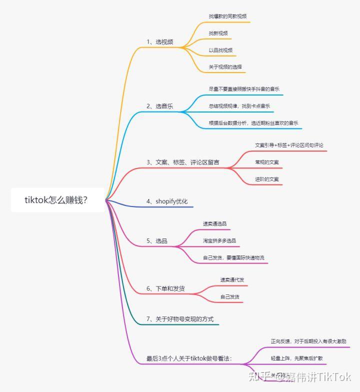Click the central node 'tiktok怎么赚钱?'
56,200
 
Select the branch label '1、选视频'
160,41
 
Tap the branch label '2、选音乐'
160,106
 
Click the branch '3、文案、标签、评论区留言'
182,162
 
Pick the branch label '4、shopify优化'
167,201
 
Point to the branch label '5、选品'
157,241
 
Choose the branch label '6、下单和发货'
165,288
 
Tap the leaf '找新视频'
218,33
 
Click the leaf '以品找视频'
220,50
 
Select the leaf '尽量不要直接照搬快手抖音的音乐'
244,89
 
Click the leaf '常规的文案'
267,162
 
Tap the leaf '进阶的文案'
267,179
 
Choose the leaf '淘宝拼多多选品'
219,240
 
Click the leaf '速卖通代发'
232,279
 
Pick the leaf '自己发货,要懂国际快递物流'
233,257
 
